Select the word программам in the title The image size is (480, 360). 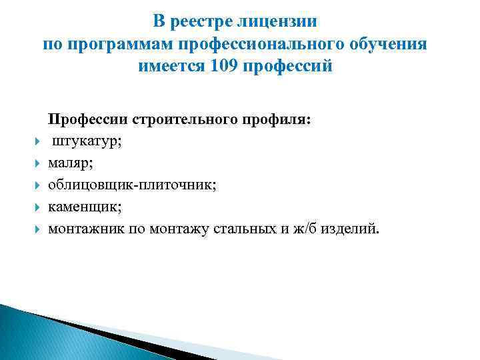[121, 45]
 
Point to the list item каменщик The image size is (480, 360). [84, 207]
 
